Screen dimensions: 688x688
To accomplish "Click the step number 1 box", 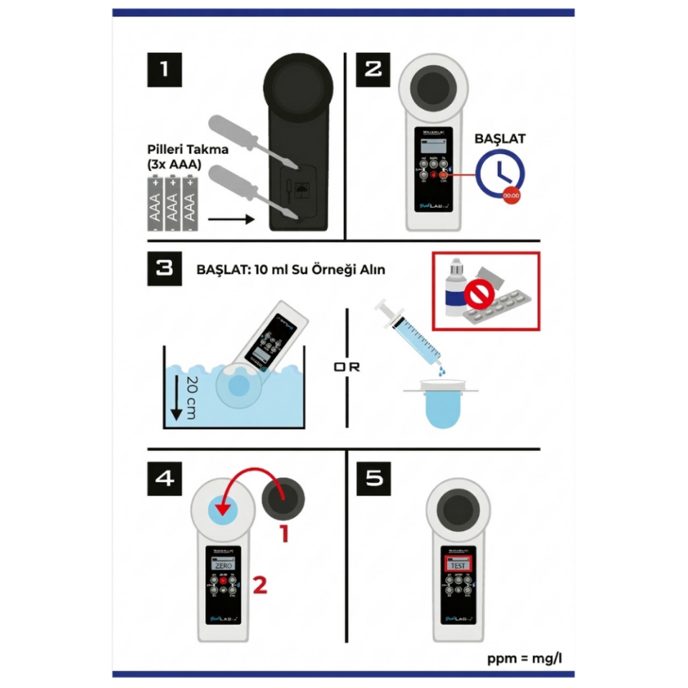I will point(165,70).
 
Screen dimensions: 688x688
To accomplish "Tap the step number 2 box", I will point(373,70).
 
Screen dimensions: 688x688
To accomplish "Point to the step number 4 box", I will point(165,478).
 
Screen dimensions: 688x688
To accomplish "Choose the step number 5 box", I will point(374,478).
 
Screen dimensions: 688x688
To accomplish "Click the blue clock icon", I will point(500,175).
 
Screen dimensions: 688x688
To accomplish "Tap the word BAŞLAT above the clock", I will point(500,138).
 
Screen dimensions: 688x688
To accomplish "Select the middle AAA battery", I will point(172,204).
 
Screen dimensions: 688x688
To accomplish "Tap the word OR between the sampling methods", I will point(347,367).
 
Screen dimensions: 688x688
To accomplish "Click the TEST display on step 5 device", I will point(458,565).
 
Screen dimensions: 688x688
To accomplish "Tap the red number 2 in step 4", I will point(259,586).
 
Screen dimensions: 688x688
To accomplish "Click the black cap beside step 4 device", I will point(285,497).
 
